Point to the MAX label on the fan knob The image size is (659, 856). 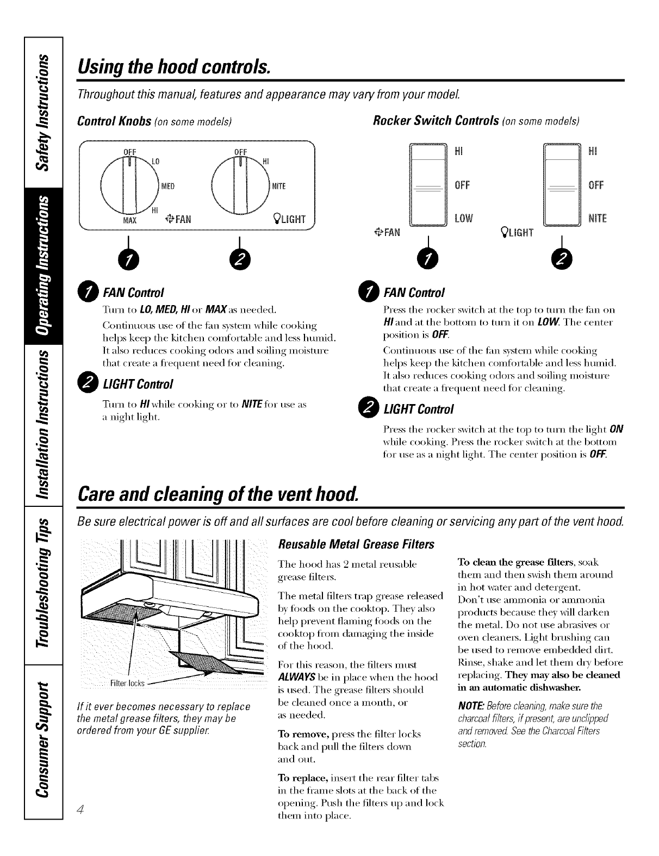pyautogui.click(x=130, y=220)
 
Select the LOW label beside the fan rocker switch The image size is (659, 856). pyautogui.click(x=464, y=218)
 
